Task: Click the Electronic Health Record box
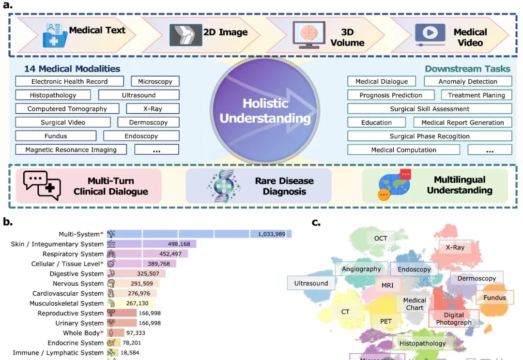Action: tap(69, 81)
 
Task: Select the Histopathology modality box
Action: tap(52, 95)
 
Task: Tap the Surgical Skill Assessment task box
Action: tap(430, 109)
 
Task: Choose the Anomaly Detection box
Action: tap(468, 81)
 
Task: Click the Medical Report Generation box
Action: tap(462, 122)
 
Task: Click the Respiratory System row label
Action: tap(73, 254)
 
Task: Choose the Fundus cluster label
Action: tap(494, 298)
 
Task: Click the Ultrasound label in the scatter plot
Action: tap(311, 283)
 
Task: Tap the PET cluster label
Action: tap(385, 321)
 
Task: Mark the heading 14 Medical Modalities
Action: tap(72, 69)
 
